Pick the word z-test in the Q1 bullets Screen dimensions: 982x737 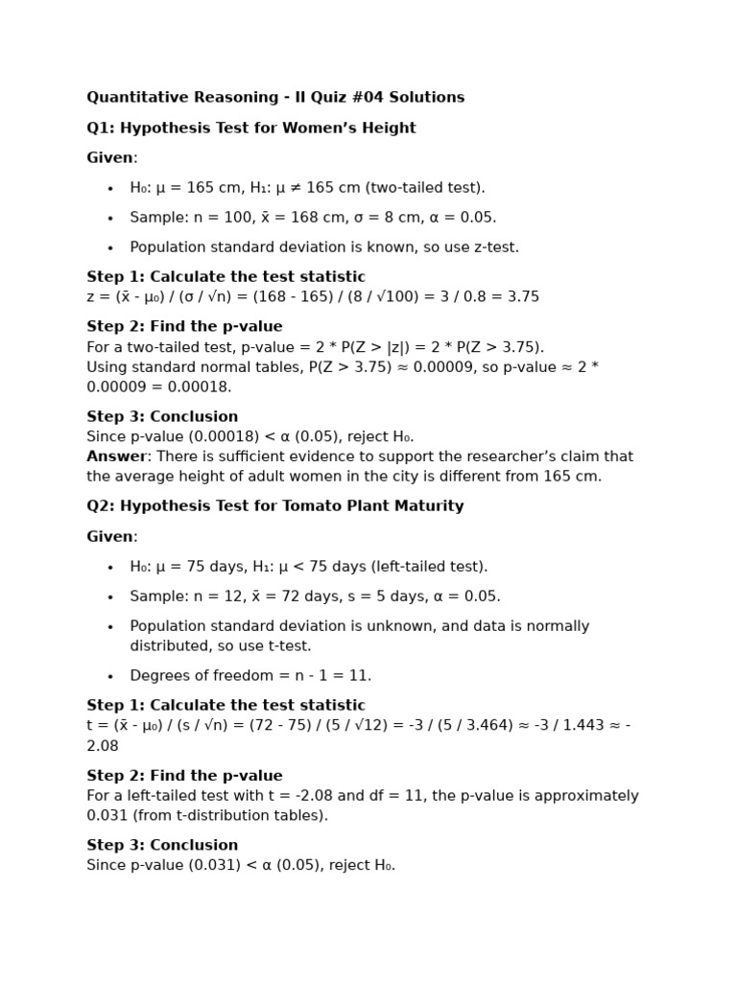click(x=491, y=247)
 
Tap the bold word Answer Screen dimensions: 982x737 click(x=116, y=456)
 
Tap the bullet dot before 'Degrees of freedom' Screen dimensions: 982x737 click(x=110, y=676)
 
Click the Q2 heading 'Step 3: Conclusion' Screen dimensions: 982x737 click(x=162, y=846)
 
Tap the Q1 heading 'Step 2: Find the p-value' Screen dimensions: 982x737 click(x=184, y=327)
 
